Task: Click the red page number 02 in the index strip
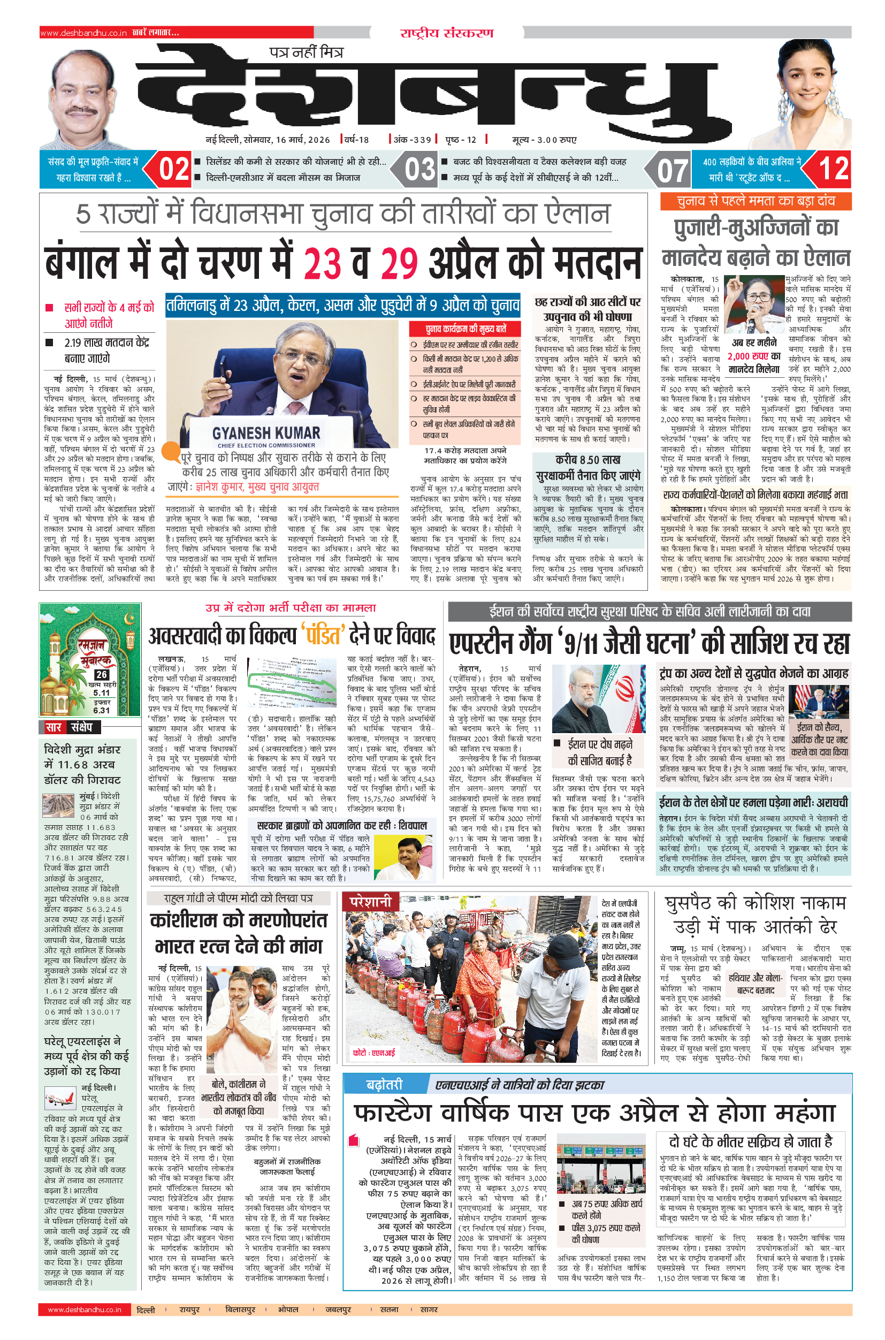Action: point(174,169)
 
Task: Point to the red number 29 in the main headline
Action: point(399,263)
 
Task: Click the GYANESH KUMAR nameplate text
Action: point(266,433)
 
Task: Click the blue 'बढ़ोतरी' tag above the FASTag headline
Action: point(384,1084)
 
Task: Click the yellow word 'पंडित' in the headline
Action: point(323,636)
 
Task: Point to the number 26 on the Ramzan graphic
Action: point(102,674)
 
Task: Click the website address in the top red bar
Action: point(83,33)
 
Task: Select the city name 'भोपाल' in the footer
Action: point(288,1309)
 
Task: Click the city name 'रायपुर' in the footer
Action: point(189,1309)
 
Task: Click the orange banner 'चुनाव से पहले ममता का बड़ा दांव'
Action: point(756,201)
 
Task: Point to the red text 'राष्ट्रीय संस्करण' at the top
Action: point(446,33)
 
